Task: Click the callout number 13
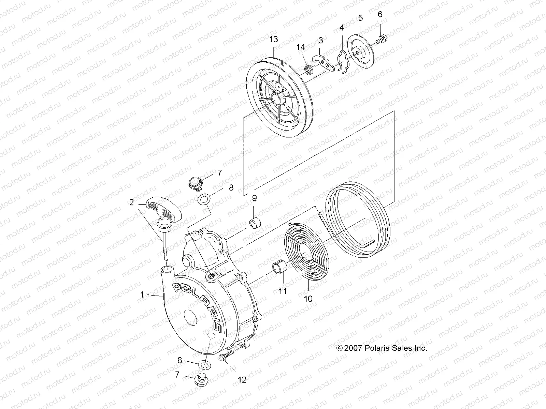point(274,40)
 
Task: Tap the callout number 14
point(301,47)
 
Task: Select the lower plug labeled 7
point(200,379)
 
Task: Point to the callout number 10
point(308,299)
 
